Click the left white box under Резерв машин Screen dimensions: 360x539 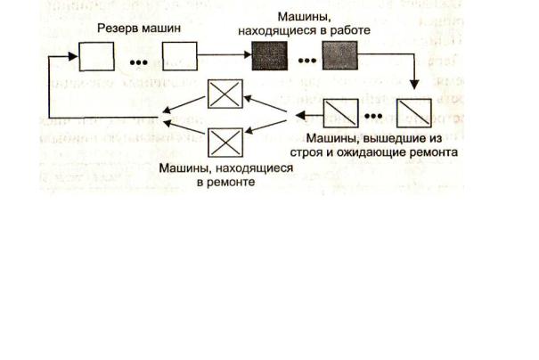coord(97,56)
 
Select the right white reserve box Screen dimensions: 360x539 coord(178,56)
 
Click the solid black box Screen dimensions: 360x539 coord(270,56)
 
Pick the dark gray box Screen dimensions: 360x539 coord(339,56)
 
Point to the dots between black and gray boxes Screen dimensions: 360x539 coord(305,62)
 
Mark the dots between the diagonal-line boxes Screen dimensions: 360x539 coord(377,118)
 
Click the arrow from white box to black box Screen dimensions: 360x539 coord(223,56)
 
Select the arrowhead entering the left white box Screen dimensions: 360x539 coord(75,56)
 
